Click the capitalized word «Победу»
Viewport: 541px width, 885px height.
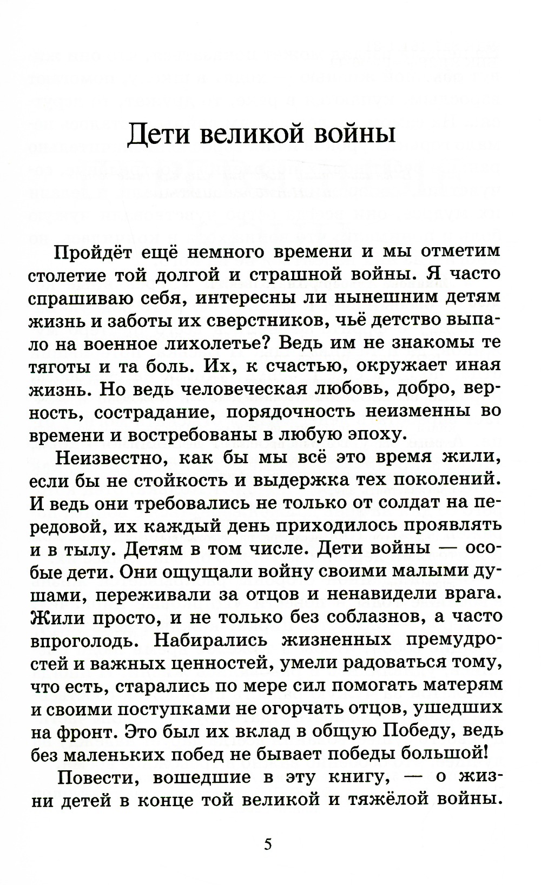(420, 730)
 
